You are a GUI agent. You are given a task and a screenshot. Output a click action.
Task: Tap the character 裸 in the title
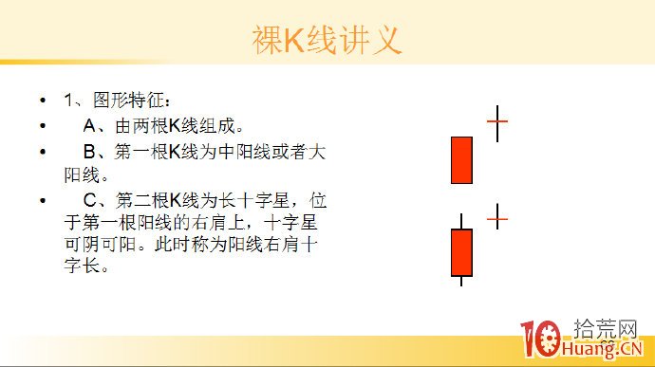[x=270, y=41]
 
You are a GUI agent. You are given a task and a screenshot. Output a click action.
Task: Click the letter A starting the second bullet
[x=90, y=125]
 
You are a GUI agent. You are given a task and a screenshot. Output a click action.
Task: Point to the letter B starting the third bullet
[x=90, y=151]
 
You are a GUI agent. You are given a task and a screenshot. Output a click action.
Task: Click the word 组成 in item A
[x=215, y=125]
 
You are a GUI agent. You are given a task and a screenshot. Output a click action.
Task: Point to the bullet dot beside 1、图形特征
[x=42, y=101]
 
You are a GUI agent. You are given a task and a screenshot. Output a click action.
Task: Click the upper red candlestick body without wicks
[x=461, y=159]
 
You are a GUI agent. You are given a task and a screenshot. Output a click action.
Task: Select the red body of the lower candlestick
[x=461, y=251]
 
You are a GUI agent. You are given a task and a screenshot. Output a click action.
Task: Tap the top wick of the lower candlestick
[x=461, y=221]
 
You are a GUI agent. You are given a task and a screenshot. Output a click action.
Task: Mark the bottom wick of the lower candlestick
[x=461, y=280]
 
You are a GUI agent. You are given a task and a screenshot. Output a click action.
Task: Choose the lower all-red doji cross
[x=497, y=218]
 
